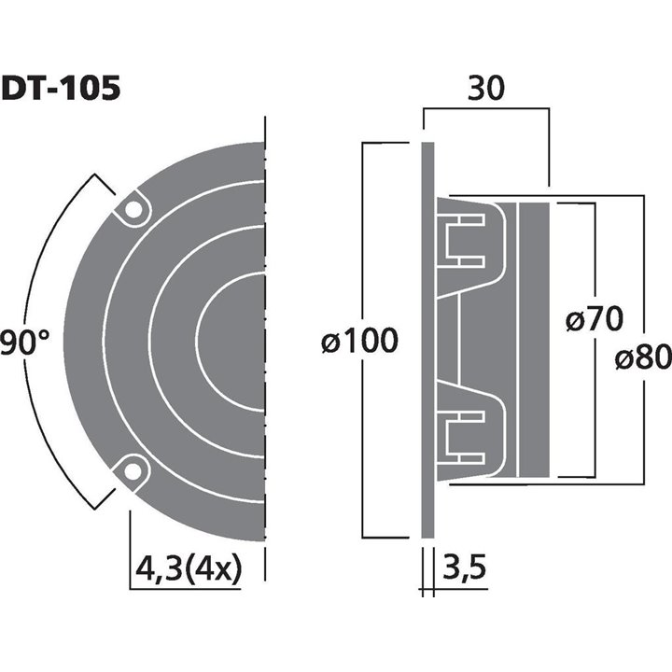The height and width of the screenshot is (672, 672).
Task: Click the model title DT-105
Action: pyautogui.click(x=61, y=89)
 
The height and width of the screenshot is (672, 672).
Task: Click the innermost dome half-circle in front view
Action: pyautogui.click(x=229, y=341)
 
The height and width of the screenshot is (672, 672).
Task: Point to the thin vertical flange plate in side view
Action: pyautogui.click(x=427, y=341)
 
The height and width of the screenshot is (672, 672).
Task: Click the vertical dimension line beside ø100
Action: pyautogui.click(x=361, y=233)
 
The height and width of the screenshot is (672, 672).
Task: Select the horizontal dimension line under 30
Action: pyautogui.click(x=484, y=109)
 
